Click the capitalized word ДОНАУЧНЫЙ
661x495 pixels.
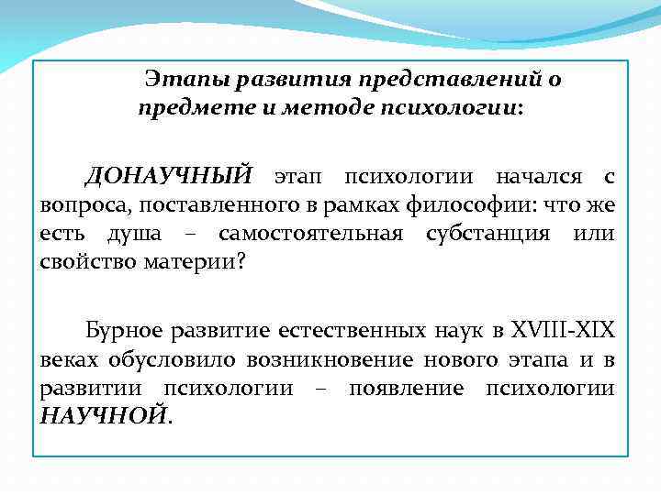(168, 176)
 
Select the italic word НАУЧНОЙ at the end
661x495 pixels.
(104, 416)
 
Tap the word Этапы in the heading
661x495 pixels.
(187, 80)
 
